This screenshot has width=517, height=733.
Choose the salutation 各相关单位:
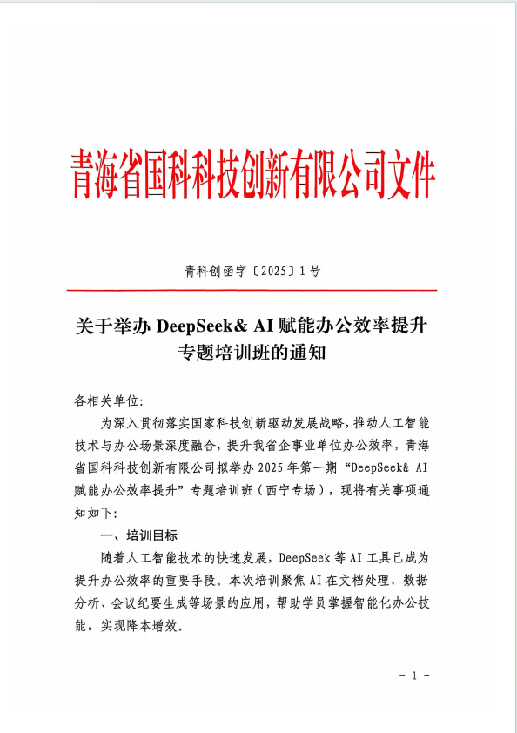[x=108, y=401]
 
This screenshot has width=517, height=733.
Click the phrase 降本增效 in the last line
[x=158, y=624]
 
